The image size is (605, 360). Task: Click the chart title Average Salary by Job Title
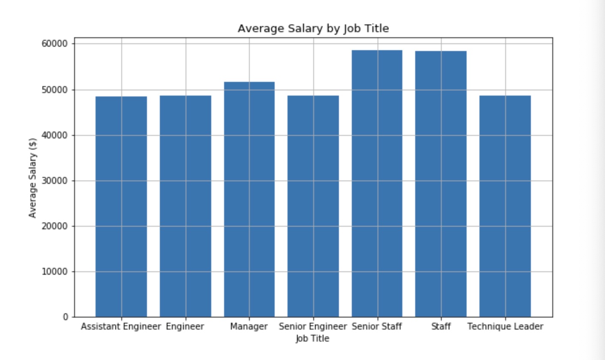point(313,29)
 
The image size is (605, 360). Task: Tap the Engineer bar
point(185,206)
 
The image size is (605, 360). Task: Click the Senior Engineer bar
point(313,206)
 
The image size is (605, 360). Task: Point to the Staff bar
point(441,184)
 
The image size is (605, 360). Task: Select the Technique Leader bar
point(505,206)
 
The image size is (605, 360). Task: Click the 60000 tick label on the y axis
point(55,44)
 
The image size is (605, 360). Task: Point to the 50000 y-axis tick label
point(55,90)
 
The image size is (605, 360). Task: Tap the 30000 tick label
point(55,181)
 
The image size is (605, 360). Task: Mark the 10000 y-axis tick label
point(55,272)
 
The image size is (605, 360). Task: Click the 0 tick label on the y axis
point(65,317)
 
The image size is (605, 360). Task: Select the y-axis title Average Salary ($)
point(33,178)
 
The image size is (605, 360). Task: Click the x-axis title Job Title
point(312,339)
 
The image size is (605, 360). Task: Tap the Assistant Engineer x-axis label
point(120,327)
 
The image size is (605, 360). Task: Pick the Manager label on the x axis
point(249,327)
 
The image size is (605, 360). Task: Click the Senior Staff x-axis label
point(377,327)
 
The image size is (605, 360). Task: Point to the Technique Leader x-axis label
point(505,327)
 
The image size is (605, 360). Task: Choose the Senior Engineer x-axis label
point(312,327)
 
